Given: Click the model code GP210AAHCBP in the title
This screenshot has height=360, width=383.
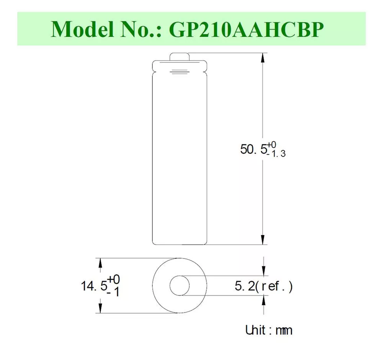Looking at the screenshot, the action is (x=246, y=29).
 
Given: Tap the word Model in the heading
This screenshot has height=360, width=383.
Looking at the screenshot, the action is (x=82, y=29).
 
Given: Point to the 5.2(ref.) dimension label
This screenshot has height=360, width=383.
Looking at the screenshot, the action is (x=264, y=286).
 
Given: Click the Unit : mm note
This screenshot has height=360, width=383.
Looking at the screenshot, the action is (x=269, y=330).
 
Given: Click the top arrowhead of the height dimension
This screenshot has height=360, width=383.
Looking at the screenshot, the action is (x=263, y=58).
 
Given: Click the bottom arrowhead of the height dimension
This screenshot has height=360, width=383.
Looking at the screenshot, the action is (x=263, y=240).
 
